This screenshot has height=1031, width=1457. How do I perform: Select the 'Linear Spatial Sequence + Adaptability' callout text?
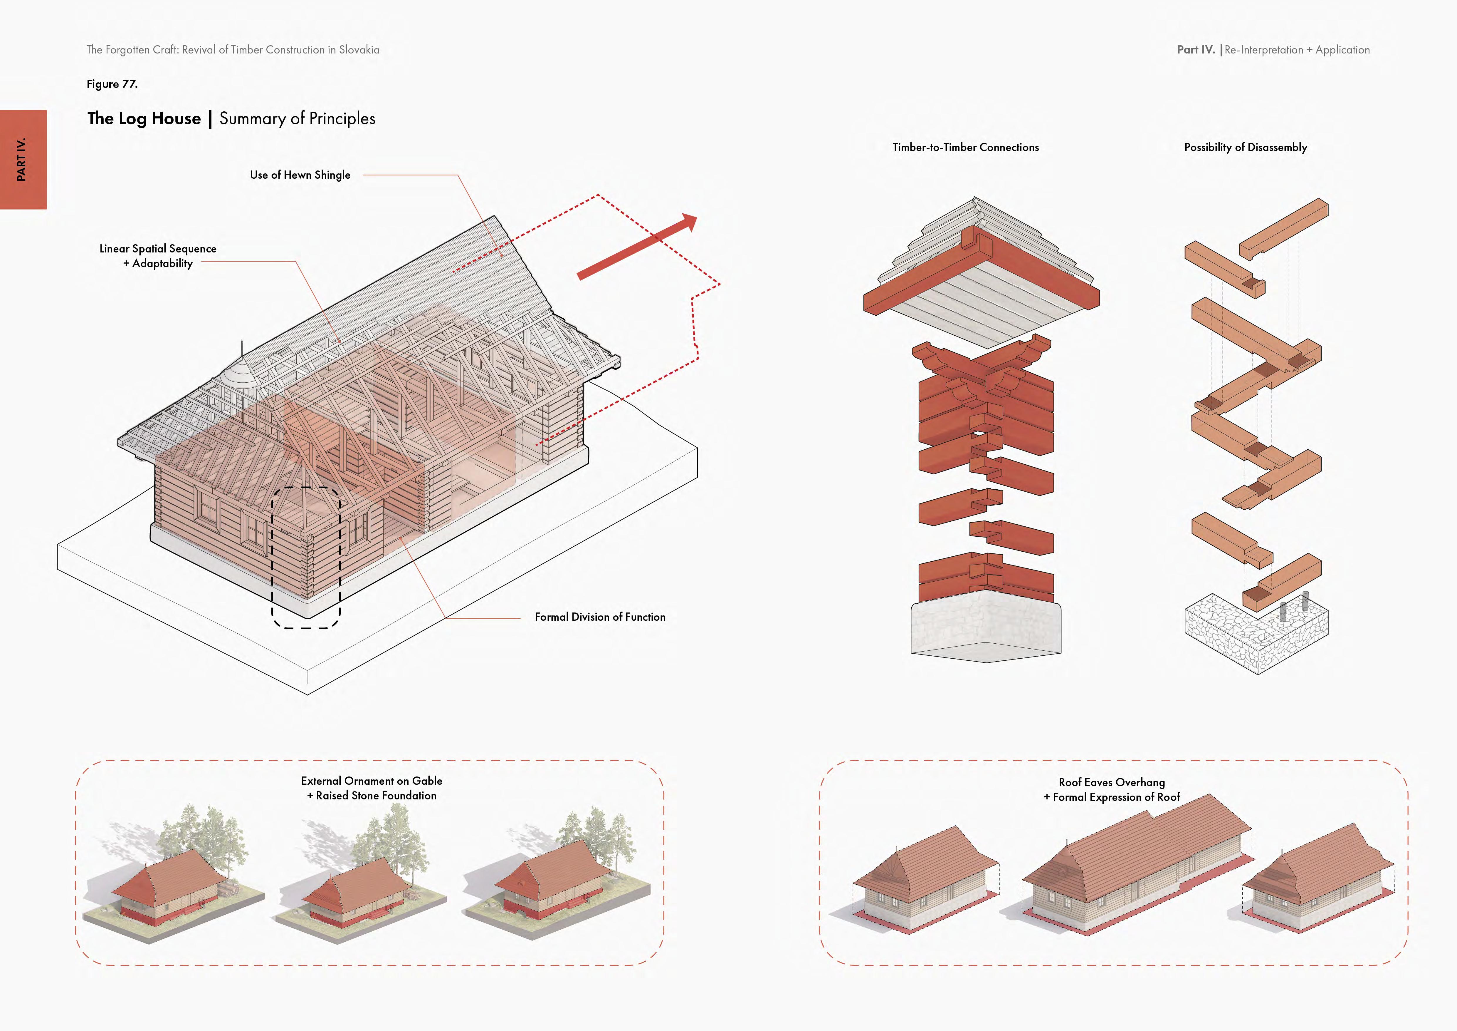click(158, 256)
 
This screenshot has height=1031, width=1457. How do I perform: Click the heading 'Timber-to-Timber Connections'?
click(965, 147)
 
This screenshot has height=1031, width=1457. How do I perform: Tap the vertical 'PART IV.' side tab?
click(23, 159)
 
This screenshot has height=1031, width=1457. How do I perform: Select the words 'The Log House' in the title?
click(144, 119)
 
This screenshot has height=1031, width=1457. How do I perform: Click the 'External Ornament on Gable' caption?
click(371, 781)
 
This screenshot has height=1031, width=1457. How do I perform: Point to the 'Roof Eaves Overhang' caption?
click(1111, 782)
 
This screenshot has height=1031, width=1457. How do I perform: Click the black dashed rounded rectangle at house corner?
click(306, 558)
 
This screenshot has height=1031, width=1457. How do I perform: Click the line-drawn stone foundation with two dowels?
click(1255, 635)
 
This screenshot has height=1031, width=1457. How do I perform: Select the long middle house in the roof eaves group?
click(1136, 870)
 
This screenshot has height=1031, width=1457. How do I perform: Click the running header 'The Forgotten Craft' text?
click(233, 49)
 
